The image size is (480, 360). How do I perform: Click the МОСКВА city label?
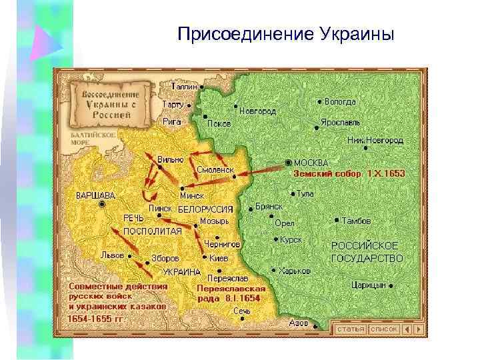[311, 163]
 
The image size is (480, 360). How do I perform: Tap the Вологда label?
[340, 102]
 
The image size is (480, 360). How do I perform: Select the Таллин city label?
[184, 87]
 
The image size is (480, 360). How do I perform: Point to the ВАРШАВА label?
[95, 195]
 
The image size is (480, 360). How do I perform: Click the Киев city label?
[220, 257]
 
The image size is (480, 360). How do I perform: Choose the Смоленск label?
[215, 170]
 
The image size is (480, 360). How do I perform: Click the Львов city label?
[111, 254]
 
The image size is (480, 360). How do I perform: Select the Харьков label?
[296, 271]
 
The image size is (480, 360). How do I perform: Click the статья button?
[350, 329]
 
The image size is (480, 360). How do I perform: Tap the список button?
[384, 329]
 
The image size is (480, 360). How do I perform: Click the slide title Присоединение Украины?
[286, 33]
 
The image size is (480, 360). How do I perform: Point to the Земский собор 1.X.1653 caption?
[349, 173]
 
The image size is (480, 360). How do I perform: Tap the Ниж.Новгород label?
[375, 141]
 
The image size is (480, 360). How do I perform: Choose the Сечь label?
[241, 311]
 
